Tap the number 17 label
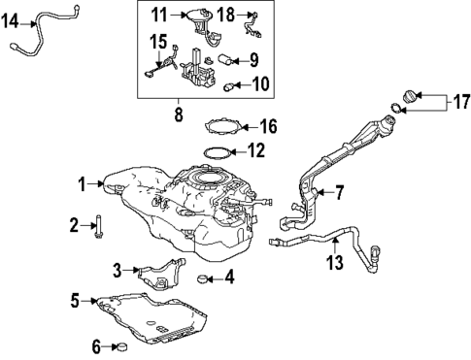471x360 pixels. [x=460, y=101]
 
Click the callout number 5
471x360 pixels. [x=75, y=302]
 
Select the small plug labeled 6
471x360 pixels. [x=120, y=345]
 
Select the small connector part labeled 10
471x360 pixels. [x=231, y=85]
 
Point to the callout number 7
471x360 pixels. [x=339, y=192]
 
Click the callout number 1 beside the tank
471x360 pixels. [x=84, y=181]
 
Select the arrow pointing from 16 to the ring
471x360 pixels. [x=248, y=125]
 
